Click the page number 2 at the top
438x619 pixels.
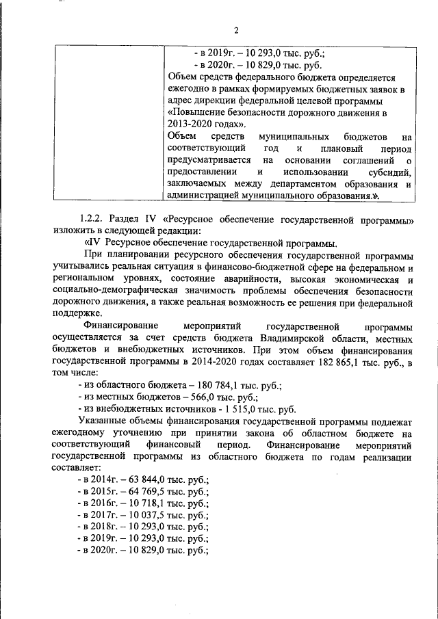click(x=236, y=30)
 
